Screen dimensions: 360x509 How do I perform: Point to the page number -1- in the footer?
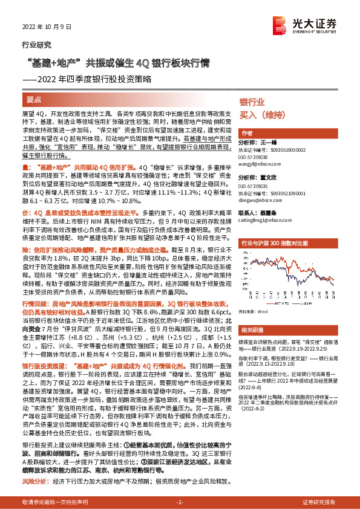click(x=179, y=502)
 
